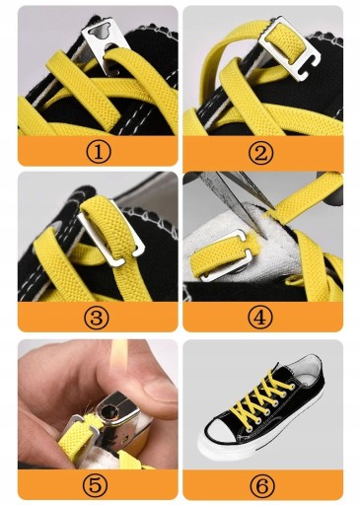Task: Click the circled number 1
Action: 99,152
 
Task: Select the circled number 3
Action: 96,318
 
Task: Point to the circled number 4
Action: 260,318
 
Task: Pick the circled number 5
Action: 96,485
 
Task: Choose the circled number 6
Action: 261,485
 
